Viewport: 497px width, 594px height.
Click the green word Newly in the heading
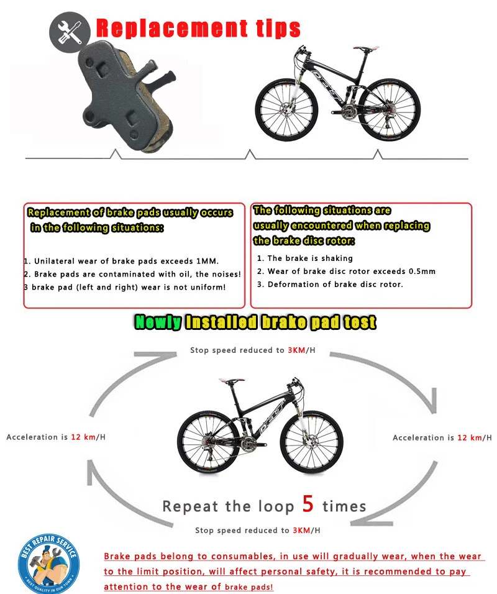coord(158,322)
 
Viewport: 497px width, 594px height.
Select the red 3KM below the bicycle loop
coord(300,530)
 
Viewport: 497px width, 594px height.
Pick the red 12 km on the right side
coord(470,438)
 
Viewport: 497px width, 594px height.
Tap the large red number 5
coord(308,504)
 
